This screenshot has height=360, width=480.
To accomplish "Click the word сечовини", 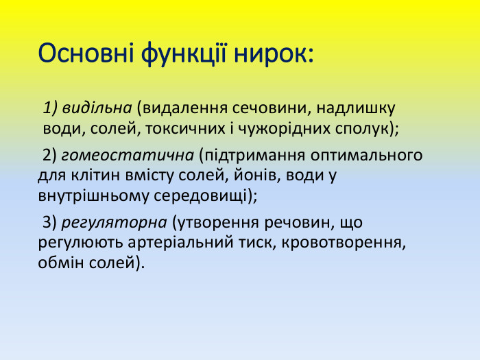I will (263, 108).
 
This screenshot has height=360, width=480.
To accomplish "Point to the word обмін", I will (58, 263).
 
